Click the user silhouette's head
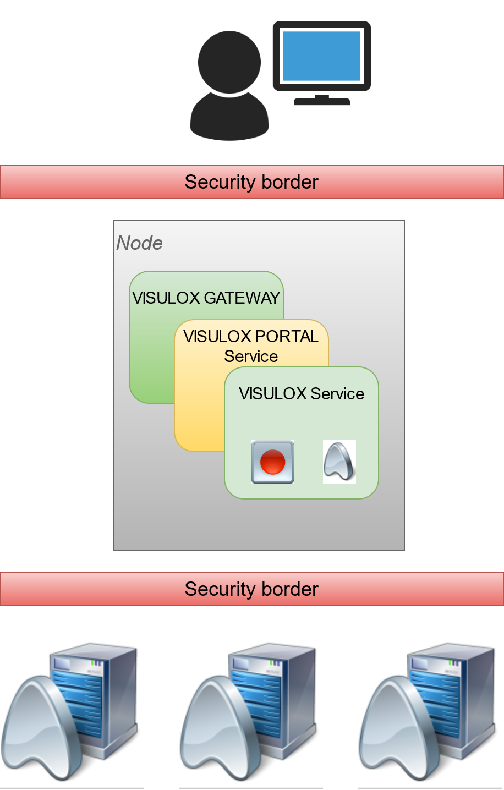click(229, 62)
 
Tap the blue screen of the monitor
click(321, 56)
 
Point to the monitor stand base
click(322, 101)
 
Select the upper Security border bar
click(251, 182)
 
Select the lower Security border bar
click(251, 589)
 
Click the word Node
click(139, 243)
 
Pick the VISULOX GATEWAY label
click(206, 298)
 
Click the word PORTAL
click(287, 336)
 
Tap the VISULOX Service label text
click(301, 393)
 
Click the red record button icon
click(272, 462)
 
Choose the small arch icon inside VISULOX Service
click(339, 462)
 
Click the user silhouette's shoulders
click(229, 118)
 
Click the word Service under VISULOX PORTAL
click(251, 356)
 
